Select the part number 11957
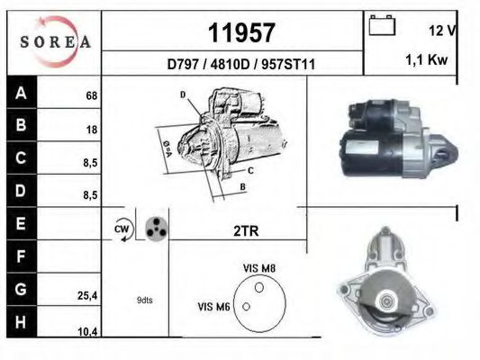(240, 33)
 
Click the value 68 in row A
(91, 95)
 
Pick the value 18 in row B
(91, 130)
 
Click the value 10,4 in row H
(87, 331)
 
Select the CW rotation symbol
(122, 230)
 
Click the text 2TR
(246, 231)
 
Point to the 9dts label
(144, 300)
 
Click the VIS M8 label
(260, 267)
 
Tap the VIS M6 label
(214, 308)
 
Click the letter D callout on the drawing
(182, 94)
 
